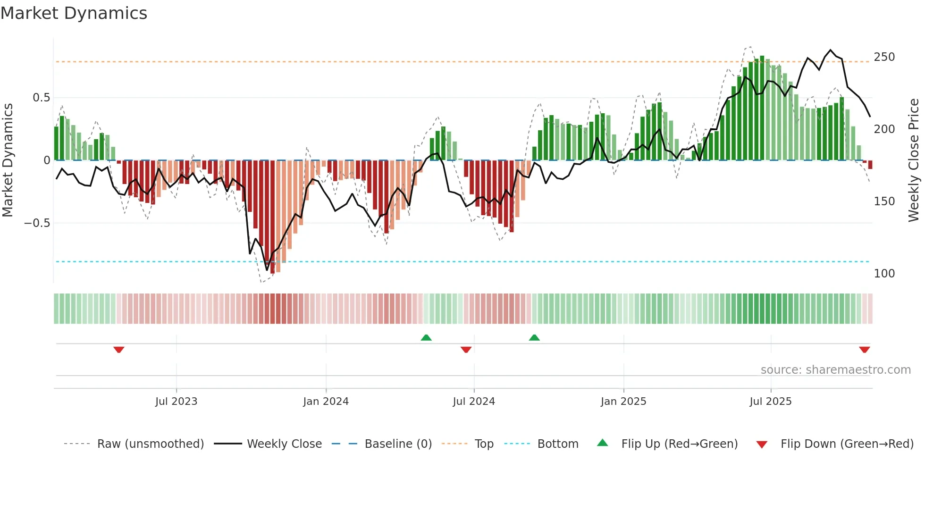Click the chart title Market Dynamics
[x=74, y=13]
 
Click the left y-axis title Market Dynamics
[x=8, y=160]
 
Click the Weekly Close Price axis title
[x=914, y=160]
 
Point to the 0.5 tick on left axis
[x=41, y=98]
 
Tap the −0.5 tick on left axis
[x=37, y=223]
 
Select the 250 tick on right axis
[x=884, y=57]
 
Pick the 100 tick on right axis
[x=884, y=274]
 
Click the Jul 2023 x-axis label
[x=176, y=402]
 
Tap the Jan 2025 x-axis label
[x=623, y=402]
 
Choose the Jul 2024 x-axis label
[x=473, y=402]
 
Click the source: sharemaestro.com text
[x=835, y=370]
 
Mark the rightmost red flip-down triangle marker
[x=864, y=350]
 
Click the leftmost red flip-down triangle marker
[x=119, y=350]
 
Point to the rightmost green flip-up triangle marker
[x=534, y=338]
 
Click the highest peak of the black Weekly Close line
[x=831, y=50]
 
